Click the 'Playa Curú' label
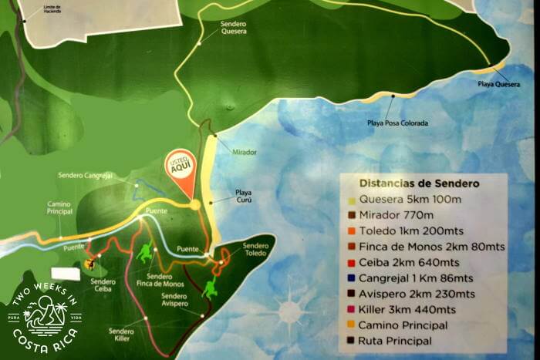pyautogui.click(x=244, y=196)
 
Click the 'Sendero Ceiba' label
pyautogui.click(x=103, y=285)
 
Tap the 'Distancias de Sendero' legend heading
pyautogui.click(x=419, y=183)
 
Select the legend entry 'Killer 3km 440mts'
pyautogui.click(x=408, y=309)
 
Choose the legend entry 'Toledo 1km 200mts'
pyautogui.click(x=409, y=231)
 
